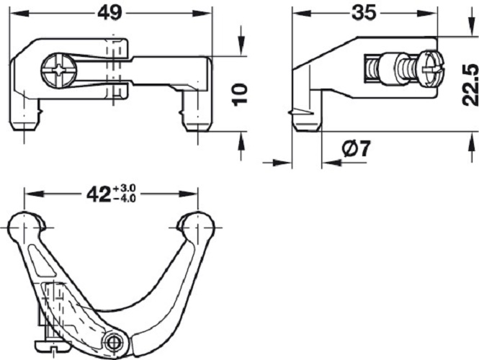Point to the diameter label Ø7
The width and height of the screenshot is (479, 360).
(x=356, y=150)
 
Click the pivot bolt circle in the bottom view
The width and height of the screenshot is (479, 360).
(x=113, y=341)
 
